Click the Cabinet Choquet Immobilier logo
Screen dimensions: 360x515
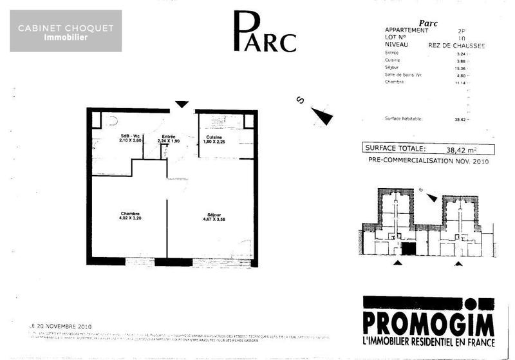tap(66, 31)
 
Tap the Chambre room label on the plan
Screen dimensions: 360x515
tap(130, 214)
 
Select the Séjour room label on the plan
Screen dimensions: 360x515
tap(214, 214)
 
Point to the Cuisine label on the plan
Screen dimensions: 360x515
tap(214, 137)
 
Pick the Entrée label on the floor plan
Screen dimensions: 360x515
tap(169, 137)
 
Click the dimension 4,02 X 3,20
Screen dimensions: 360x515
tap(130, 220)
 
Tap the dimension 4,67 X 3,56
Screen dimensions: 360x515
tap(214, 220)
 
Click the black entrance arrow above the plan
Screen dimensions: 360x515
tap(182, 104)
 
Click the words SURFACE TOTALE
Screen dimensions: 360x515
tap(395, 148)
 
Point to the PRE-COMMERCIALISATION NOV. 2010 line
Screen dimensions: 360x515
tap(428, 162)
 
